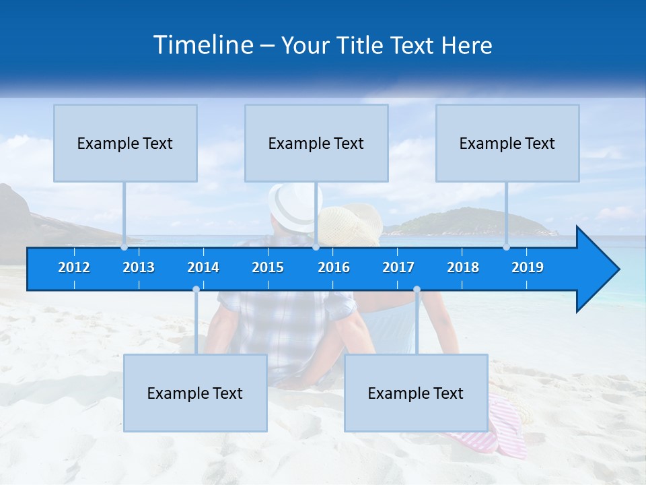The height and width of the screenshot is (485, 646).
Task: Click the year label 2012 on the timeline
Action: click(74, 267)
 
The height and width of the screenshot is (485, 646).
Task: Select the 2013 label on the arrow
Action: click(139, 267)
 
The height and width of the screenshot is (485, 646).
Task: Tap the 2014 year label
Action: click(203, 267)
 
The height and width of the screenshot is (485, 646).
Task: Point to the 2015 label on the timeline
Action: click(268, 267)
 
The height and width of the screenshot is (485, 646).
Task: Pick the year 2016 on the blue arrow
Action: click(334, 267)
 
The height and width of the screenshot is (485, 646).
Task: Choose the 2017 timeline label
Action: click(398, 267)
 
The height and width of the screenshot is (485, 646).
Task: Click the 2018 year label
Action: click(463, 267)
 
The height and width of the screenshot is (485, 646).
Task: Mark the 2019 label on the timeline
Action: click(528, 267)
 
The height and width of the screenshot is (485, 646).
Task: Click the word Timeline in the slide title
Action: click(203, 45)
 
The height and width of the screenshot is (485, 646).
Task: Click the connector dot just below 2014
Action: click(196, 290)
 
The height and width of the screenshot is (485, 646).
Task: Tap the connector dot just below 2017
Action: click(417, 290)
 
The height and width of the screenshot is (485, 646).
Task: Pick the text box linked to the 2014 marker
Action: click(195, 393)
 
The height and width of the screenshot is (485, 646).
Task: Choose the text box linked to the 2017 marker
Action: click(416, 393)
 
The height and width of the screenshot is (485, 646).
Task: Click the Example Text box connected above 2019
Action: click(507, 143)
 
